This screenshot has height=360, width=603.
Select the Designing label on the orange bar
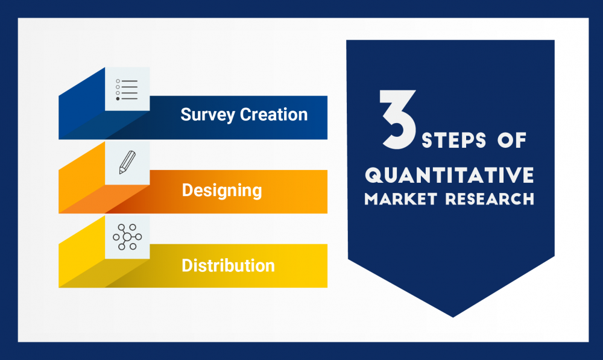click(222, 191)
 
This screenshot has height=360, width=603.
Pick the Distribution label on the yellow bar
click(228, 265)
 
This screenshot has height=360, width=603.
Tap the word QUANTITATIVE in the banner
click(449, 175)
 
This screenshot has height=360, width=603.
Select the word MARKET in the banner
click(401, 199)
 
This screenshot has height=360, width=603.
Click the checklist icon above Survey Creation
click(127, 89)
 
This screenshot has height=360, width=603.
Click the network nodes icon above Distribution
click(127, 237)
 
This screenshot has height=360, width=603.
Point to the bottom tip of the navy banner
click(452, 316)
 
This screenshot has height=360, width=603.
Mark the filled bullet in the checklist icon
click(118, 98)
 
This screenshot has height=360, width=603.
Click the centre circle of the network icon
click(127, 237)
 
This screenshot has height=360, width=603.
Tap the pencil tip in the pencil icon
click(121, 172)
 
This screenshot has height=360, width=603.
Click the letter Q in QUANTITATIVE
click(374, 175)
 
